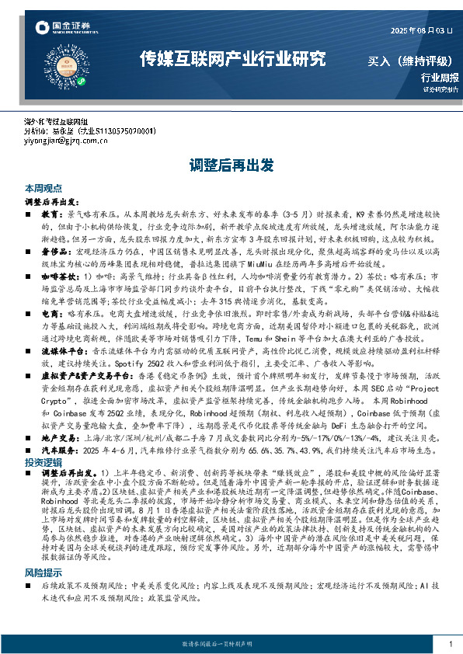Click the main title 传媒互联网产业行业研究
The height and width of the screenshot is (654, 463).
[x=232, y=59]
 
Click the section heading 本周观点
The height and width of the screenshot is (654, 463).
[x=40, y=189]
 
